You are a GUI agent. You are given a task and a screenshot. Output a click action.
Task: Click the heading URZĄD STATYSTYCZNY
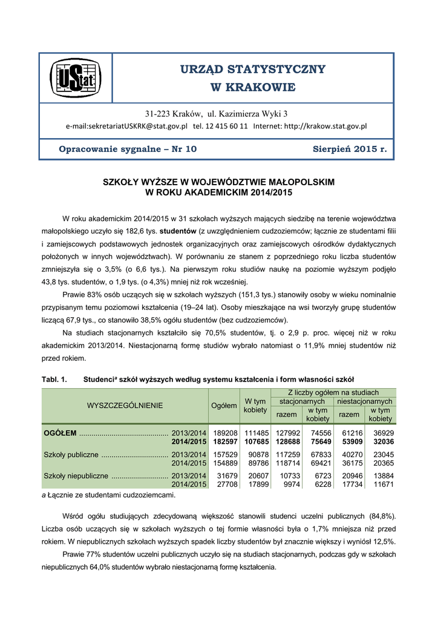pos(252,69)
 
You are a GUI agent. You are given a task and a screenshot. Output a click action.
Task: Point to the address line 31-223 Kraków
pos(216,114)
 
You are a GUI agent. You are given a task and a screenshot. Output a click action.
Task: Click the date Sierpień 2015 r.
pos(350,149)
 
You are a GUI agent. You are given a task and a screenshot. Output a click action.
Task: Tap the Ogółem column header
pos(223,405)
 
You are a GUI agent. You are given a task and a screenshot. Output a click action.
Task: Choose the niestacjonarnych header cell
pos(364,401)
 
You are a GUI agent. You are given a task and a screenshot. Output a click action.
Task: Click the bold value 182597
pos(223,442)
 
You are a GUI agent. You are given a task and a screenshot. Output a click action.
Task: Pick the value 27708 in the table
pos(225,485)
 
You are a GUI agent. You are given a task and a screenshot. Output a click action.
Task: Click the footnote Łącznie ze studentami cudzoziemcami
pos(110,495)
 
